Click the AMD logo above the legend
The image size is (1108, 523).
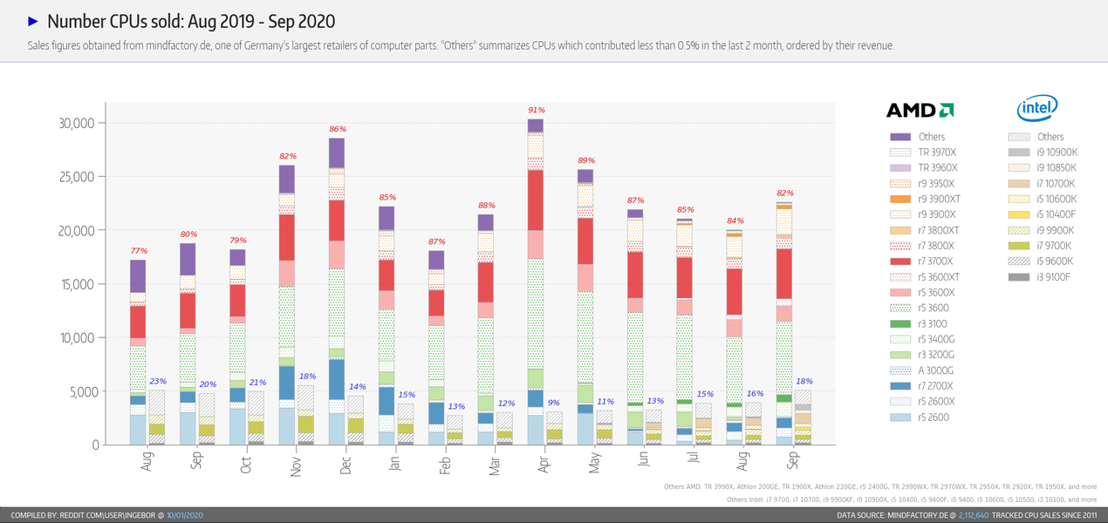[x=920, y=110]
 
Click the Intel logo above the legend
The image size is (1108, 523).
[x=1037, y=109]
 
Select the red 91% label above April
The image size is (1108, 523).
[x=537, y=110]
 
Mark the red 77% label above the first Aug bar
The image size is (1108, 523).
[x=138, y=251]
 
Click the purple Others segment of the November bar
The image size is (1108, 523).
[x=287, y=179]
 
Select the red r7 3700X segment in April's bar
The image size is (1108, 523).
[x=537, y=200]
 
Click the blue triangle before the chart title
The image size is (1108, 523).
[x=33, y=21]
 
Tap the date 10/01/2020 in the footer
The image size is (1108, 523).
[x=185, y=516]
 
